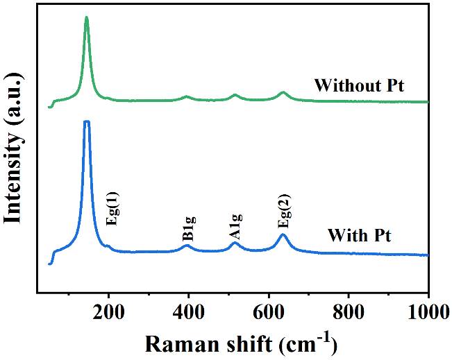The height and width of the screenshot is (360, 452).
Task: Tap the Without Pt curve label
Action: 359,86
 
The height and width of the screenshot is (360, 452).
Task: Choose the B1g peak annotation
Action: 188,228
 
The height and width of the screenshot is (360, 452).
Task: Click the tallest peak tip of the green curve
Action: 86,17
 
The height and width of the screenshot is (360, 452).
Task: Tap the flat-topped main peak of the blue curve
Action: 87,122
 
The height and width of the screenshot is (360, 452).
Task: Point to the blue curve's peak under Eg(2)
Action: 283,234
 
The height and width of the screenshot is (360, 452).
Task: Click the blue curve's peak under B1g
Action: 187,245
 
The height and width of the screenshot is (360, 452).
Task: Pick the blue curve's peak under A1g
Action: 235,243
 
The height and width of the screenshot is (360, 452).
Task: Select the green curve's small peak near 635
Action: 283,92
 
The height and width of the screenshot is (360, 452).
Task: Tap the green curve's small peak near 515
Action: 235,95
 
